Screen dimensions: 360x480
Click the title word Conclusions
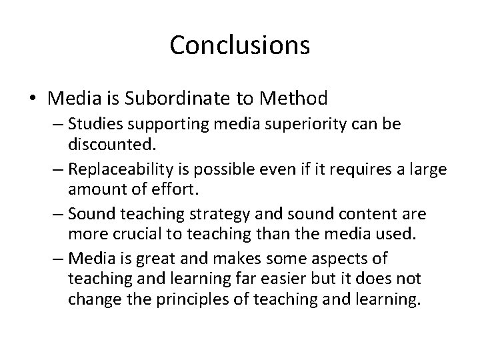click(x=240, y=45)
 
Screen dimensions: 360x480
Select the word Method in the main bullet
click(x=294, y=99)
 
